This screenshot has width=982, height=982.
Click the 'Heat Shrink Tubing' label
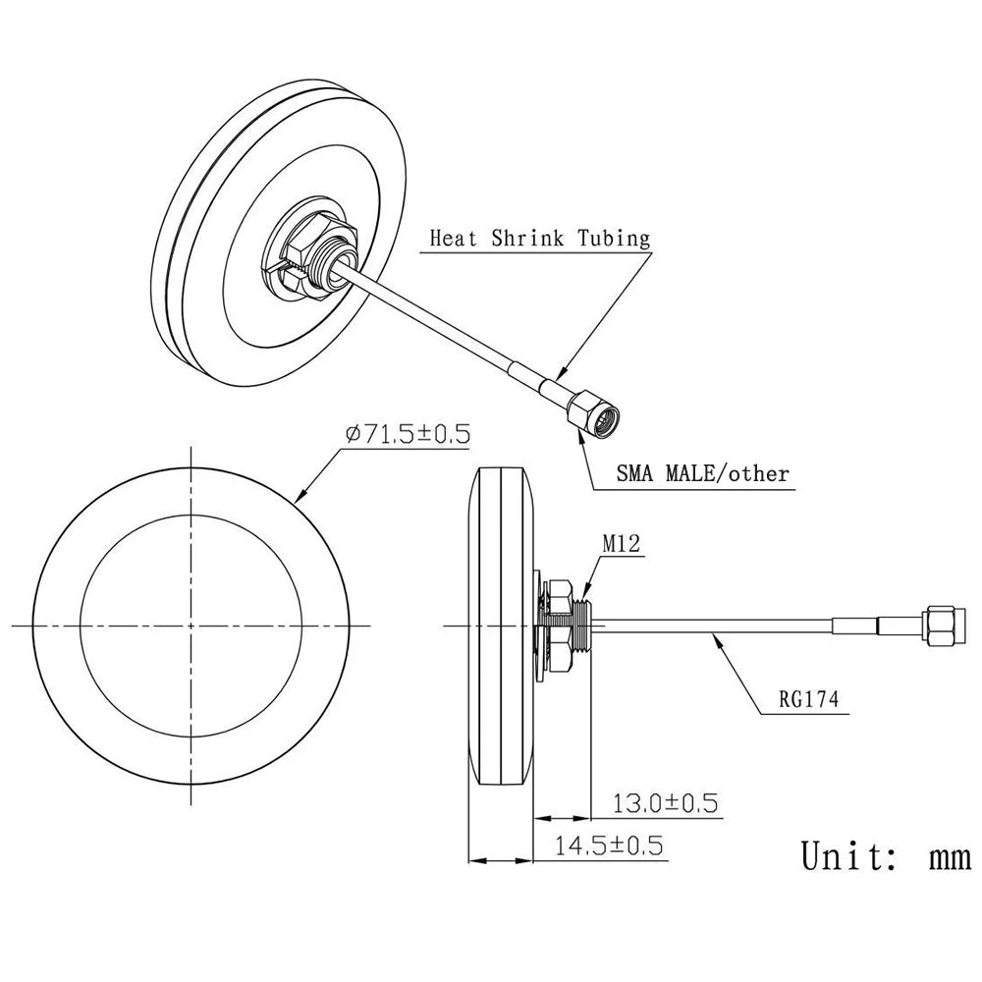539,238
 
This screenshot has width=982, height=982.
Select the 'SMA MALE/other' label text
702,474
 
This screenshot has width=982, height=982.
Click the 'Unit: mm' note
884,855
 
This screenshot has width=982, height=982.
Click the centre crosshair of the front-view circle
190,625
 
